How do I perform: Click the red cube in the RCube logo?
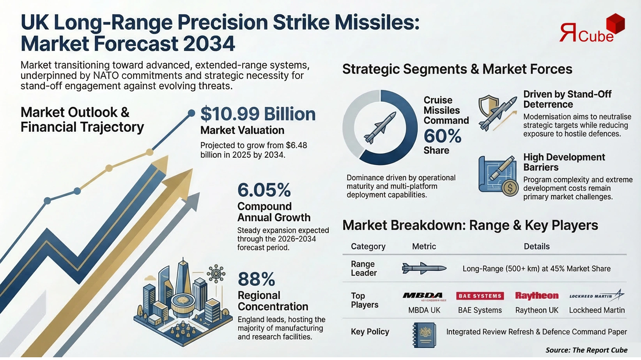point(613,23)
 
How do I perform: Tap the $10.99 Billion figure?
point(258,114)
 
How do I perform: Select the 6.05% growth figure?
point(264,190)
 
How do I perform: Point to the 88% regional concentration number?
point(256,279)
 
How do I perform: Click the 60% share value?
point(442,136)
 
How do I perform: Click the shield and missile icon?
point(496,112)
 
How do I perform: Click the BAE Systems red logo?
point(480,296)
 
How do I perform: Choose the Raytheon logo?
point(537,296)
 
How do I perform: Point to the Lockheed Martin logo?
point(597,296)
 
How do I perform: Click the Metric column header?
point(424,246)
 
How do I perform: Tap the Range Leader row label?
point(363,268)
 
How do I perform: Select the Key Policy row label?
point(370,332)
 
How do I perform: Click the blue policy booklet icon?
point(424,335)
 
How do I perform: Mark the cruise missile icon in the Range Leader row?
point(424,268)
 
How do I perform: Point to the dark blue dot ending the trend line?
point(191,113)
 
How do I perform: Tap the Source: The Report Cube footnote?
point(586,350)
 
